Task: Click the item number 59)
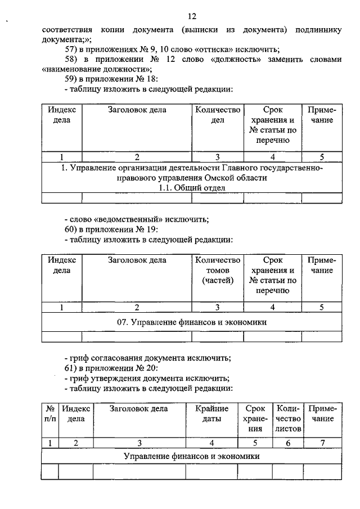[x=73, y=79]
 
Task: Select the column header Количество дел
[x=218, y=115]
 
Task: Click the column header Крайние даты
[x=211, y=413]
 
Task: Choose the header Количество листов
[x=288, y=418]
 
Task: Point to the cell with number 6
[x=288, y=443]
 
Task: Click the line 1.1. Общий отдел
[x=191, y=188]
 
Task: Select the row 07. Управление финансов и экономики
[x=191, y=322]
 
